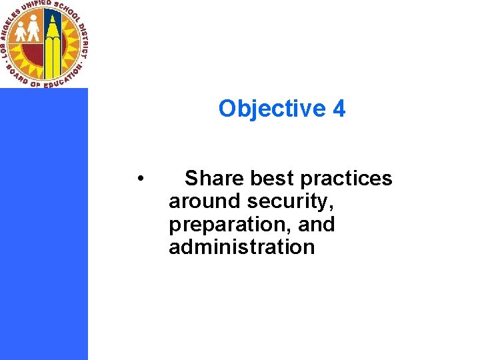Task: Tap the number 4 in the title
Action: pyautogui.click(x=339, y=109)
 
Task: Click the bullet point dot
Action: pyautogui.click(x=140, y=179)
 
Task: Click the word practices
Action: pyautogui.click(x=347, y=179)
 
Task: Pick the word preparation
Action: pyautogui.click(x=224, y=225)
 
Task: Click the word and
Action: pyautogui.click(x=316, y=225)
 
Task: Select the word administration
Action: pyautogui.click(x=241, y=247)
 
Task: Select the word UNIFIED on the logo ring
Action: pyautogui.click(x=37, y=9)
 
